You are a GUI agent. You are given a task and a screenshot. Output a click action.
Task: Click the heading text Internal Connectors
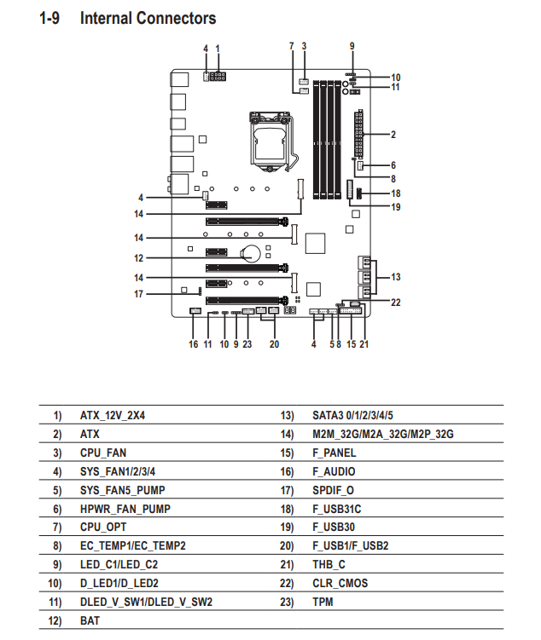(148, 19)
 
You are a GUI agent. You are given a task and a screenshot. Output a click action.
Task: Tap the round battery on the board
(250, 253)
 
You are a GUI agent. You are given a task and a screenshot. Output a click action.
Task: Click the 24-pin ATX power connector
(358, 134)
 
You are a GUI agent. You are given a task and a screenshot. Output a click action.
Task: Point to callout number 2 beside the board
(393, 135)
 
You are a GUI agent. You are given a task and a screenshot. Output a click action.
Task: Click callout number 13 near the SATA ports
(396, 277)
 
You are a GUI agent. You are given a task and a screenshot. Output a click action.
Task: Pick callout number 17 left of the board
(138, 294)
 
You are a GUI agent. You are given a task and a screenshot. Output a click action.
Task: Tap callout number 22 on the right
(396, 303)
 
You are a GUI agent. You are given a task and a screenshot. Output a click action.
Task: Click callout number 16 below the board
(193, 344)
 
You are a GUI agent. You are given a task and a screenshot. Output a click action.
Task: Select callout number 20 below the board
(274, 344)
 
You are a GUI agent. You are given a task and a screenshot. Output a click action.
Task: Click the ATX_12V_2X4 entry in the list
(113, 416)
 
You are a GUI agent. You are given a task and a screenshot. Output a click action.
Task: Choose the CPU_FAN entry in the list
(103, 453)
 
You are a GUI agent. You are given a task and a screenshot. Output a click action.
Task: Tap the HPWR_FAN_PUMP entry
(125, 509)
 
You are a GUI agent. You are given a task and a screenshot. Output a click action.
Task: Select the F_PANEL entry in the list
(334, 453)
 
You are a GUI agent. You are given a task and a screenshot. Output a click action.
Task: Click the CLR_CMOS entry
(340, 583)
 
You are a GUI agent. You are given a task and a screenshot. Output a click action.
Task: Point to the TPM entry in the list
(323, 602)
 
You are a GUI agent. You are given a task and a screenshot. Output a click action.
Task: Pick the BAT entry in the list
(90, 620)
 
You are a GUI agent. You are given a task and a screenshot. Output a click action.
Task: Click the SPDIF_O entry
(333, 490)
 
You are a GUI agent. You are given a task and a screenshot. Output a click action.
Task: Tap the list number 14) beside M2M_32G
(287, 435)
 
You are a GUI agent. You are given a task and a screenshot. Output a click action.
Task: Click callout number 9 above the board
(352, 46)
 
